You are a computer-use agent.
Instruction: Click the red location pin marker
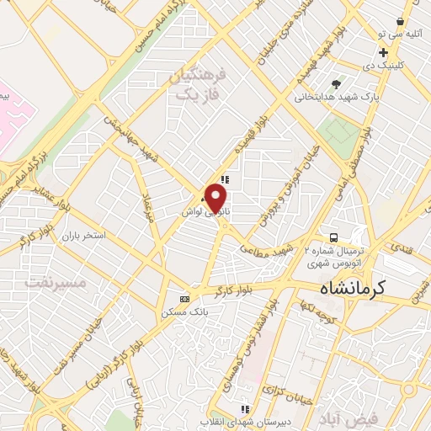(216, 199)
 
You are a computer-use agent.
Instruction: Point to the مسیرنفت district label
(56, 283)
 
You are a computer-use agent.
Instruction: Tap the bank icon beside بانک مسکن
(185, 299)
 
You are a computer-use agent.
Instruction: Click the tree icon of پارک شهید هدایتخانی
(336, 84)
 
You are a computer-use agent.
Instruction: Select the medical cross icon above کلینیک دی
(383, 52)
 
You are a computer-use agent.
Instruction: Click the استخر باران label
(82, 235)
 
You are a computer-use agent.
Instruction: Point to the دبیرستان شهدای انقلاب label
(245, 420)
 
